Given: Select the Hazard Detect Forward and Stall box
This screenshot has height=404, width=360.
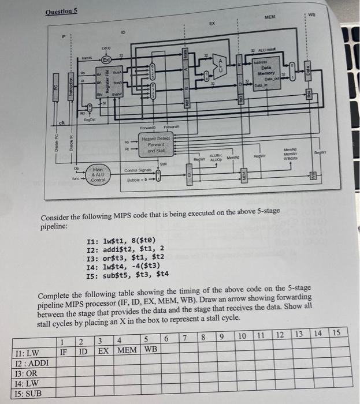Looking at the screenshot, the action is coord(157,141).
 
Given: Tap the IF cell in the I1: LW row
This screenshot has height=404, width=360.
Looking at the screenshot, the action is coord(64,351).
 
